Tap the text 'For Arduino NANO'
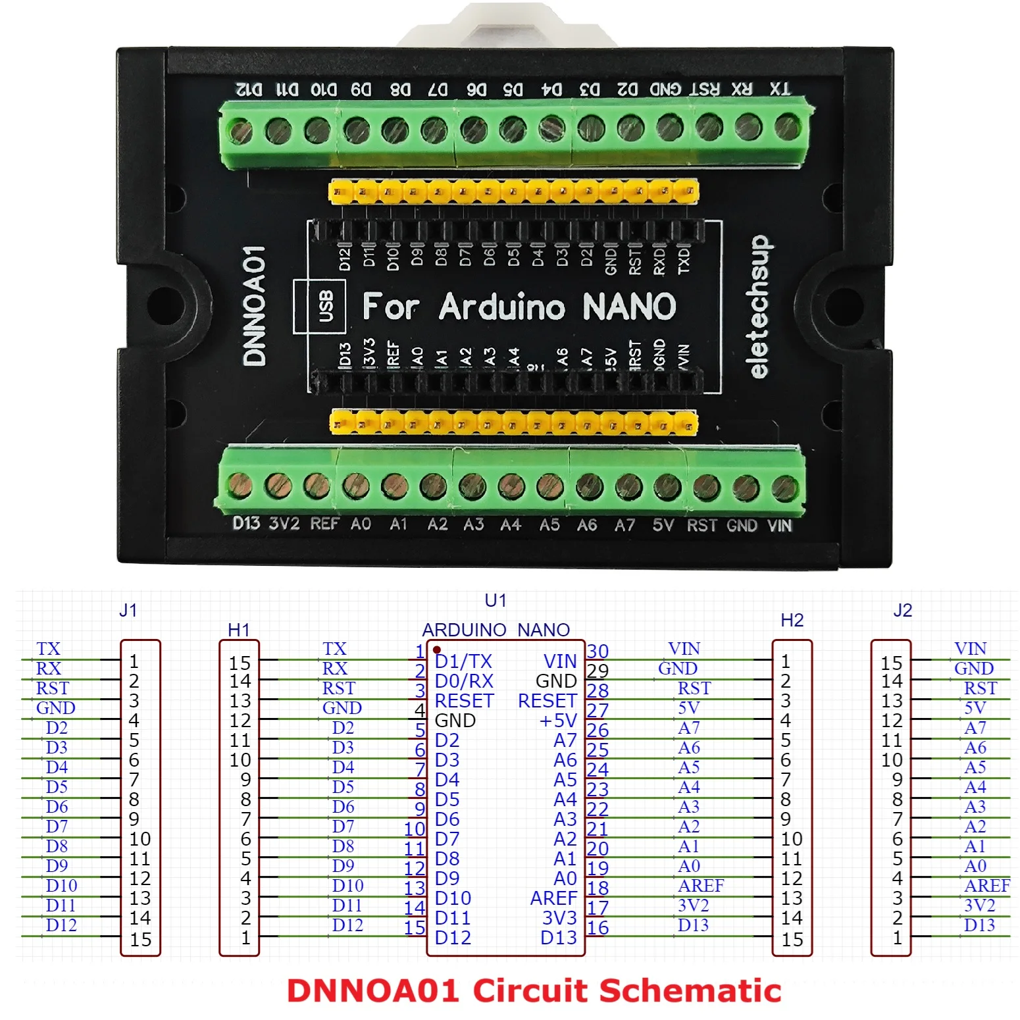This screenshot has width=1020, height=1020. coord(519,307)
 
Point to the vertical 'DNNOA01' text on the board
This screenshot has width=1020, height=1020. coord(255,306)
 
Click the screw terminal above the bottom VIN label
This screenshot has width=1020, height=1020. coord(784,488)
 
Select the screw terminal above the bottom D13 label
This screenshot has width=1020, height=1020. coord(240,486)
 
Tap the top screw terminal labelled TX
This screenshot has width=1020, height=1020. coord(787,128)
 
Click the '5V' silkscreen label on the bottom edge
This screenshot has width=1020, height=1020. coord(663,525)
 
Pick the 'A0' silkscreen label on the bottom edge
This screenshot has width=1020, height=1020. coord(361,524)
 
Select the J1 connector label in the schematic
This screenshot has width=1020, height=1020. coord(128,610)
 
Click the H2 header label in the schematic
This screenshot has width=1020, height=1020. coord(792,620)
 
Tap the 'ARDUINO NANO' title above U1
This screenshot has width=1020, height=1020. coord(496,630)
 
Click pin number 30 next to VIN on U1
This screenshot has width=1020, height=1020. coord(598,651)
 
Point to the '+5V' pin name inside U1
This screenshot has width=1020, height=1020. coord(558,721)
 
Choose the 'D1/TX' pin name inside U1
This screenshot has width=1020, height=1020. coord(463,661)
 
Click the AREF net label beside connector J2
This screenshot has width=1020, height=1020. coord(986,886)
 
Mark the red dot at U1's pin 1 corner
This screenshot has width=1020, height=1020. coord(437,650)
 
